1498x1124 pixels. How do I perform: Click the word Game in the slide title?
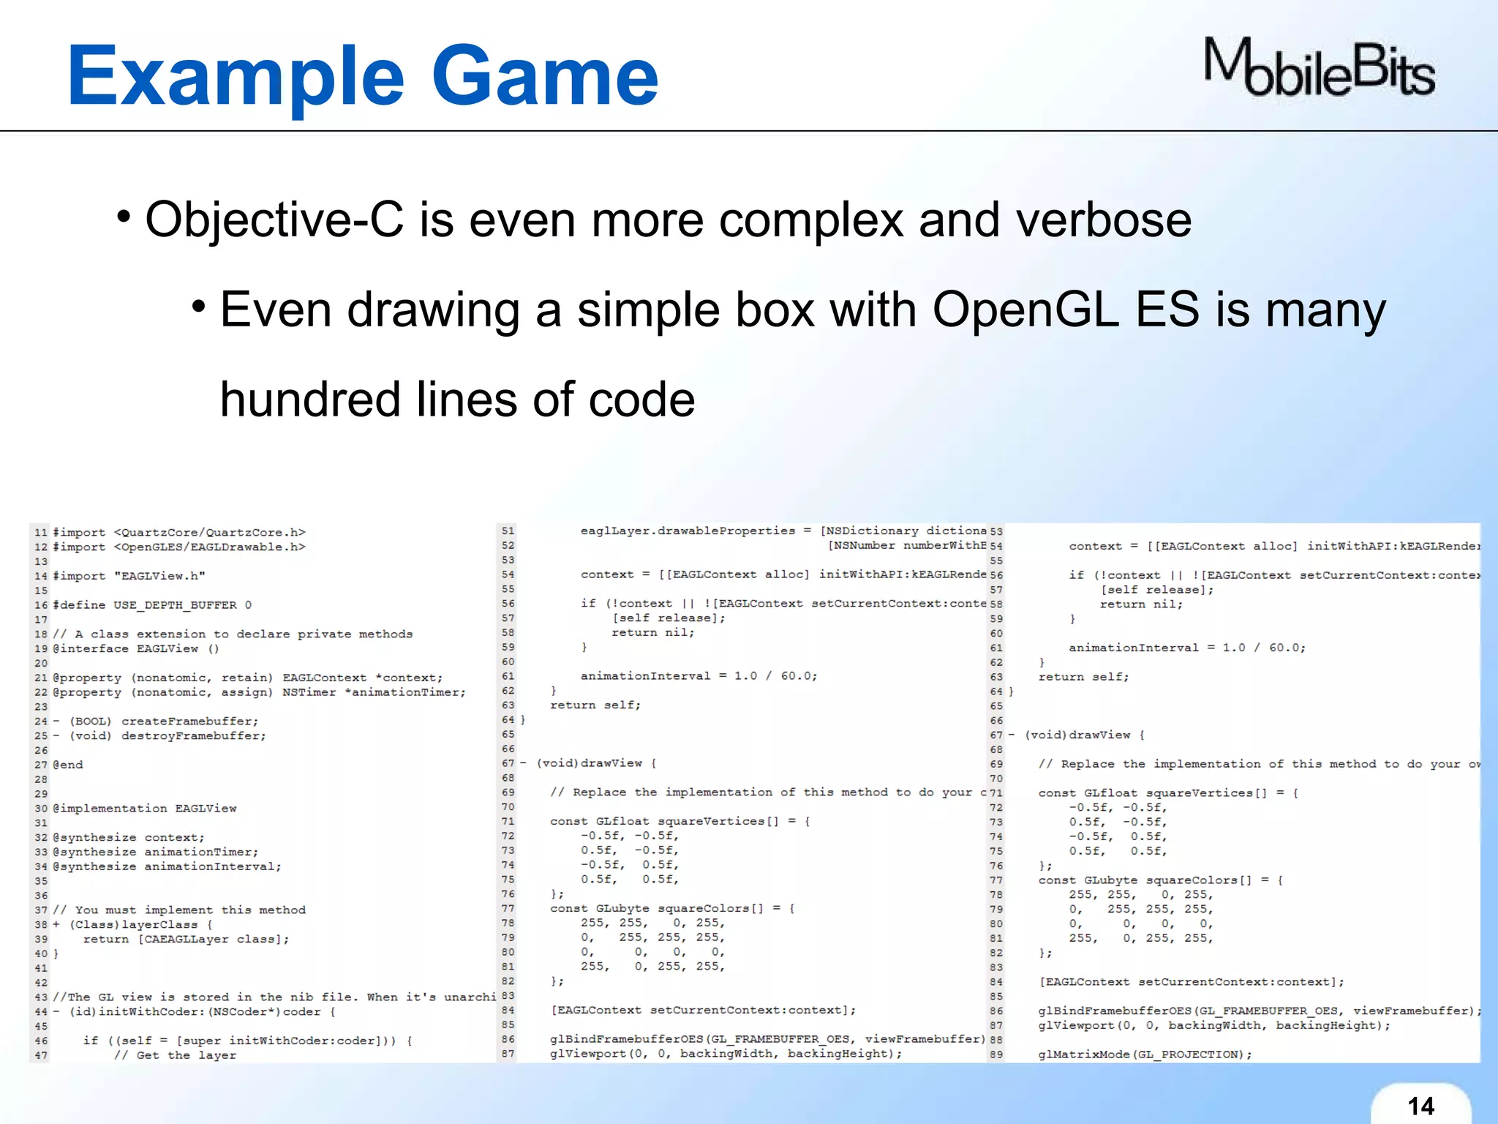point(545,77)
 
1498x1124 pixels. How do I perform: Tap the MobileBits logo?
point(1320,68)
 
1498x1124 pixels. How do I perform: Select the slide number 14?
point(1420,1105)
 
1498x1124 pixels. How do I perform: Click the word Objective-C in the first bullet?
point(274,220)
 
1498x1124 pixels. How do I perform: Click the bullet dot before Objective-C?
point(124,217)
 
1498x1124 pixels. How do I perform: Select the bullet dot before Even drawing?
point(198,306)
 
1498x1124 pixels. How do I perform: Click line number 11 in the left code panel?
point(40,533)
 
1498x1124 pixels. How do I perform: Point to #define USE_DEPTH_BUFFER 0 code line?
point(152,605)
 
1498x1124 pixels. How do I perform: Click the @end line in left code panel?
point(68,765)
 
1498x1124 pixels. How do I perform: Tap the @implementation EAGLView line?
point(145,809)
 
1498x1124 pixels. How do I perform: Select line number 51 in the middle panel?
point(508,531)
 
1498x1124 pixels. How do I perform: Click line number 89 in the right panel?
point(995,1054)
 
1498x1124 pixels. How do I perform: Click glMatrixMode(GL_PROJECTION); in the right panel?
point(1145,1054)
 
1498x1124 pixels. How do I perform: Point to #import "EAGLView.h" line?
point(129,576)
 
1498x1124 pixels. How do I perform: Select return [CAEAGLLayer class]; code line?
point(186,939)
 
